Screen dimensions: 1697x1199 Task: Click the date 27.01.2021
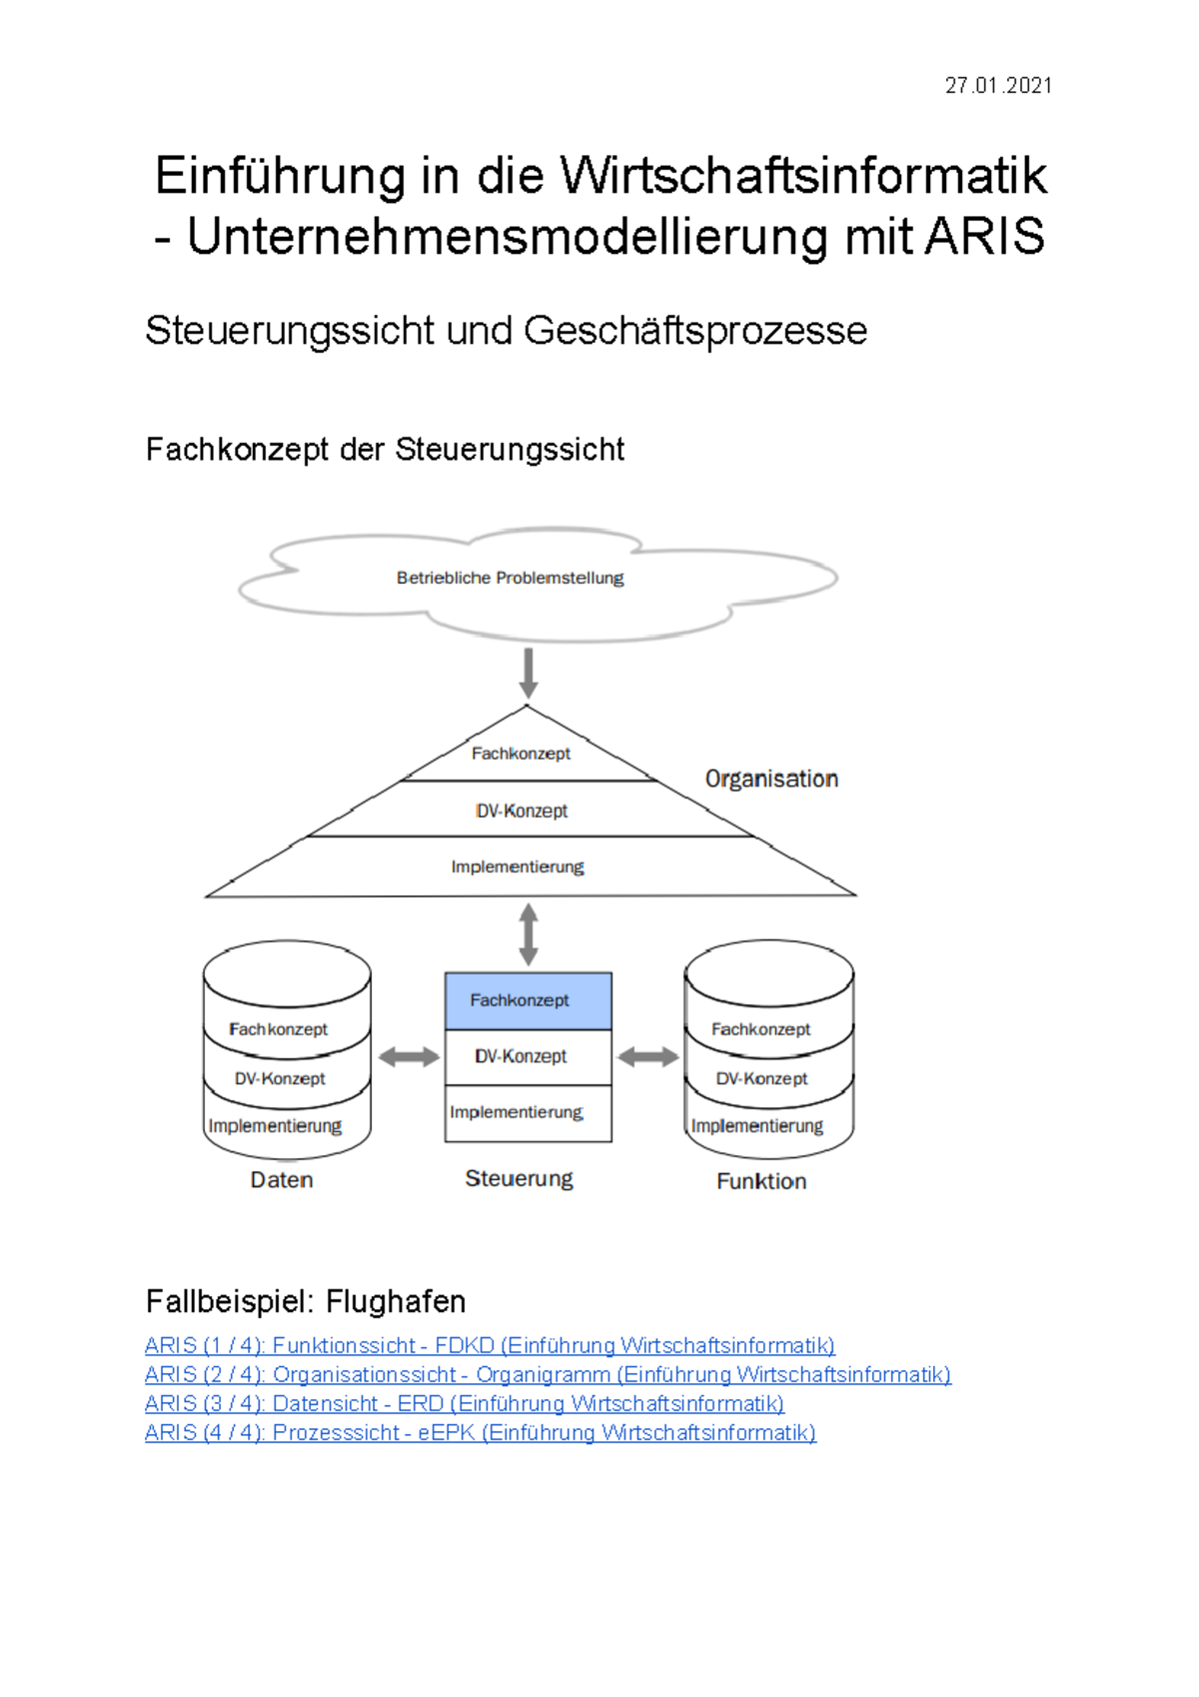pos(997,86)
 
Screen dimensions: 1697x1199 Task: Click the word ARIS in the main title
pos(984,237)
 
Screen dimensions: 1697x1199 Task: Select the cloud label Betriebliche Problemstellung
pos(510,578)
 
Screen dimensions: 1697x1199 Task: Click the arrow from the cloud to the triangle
pos(529,672)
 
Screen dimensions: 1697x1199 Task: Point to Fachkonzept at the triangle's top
pos(521,754)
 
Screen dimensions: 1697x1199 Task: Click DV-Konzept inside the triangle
pos(522,811)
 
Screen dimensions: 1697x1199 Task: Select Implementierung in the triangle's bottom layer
pos(518,866)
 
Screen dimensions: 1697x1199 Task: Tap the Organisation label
pos(771,779)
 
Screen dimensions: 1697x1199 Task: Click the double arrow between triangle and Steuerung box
pos(529,933)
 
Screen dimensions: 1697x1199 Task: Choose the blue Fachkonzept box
pos(528,1000)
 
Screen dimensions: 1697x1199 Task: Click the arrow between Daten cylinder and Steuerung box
pos(408,1056)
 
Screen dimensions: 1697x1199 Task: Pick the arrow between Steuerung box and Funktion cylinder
pos(648,1056)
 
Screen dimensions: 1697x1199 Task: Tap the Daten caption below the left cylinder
pos(282,1180)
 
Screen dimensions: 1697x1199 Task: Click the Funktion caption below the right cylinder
pos(761,1181)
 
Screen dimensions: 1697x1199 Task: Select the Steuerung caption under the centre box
pos(520,1179)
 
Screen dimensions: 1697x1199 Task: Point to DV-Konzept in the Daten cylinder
pos(280,1078)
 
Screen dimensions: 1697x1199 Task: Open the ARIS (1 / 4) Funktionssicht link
pos(490,1346)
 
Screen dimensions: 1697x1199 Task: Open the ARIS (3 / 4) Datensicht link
pos(465,1404)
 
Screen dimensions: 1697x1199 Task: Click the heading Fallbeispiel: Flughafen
pos(306,1301)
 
